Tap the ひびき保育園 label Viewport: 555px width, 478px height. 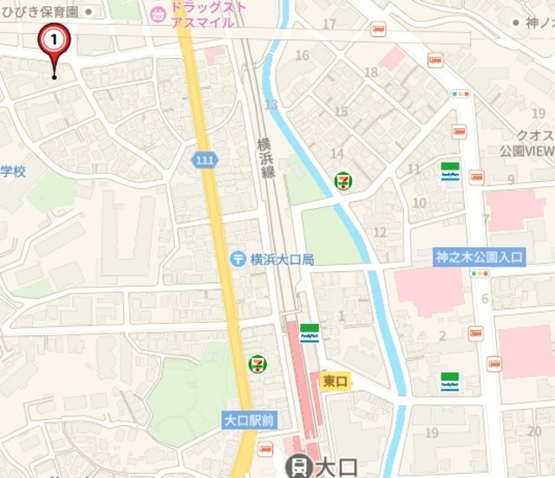(39, 12)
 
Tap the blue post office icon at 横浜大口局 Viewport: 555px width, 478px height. (238, 258)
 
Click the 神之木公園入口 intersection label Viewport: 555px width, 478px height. (480, 256)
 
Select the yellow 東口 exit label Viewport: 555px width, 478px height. (335, 380)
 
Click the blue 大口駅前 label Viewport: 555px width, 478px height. (249, 420)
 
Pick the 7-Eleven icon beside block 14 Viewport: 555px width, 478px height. (344, 182)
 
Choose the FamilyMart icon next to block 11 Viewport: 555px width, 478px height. (449, 170)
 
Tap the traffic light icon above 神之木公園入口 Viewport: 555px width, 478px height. (480, 274)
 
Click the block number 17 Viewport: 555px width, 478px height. (330, 23)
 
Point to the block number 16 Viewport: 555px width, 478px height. (302, 55)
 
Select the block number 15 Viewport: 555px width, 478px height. (341, 111)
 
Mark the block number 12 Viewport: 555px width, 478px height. (379, 231)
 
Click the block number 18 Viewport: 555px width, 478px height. (371, 72)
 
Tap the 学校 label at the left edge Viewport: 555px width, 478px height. (13, 171)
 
